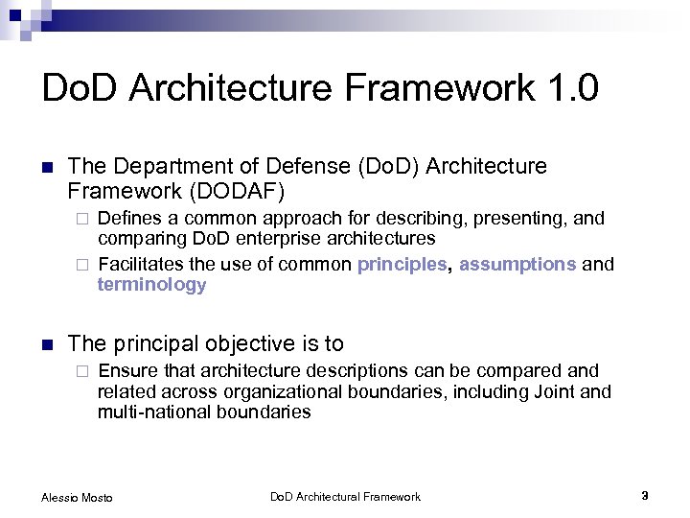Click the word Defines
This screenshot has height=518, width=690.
click(130, 218)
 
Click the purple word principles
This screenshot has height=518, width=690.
click(402, 264)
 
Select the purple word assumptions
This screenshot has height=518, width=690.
click(517, 264)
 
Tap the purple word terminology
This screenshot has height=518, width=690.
click(151, 285)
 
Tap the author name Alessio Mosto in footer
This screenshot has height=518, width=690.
click(77, 497)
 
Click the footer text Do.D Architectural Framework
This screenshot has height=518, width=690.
click(345, 496)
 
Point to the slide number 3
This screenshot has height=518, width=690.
click(645, 496)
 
